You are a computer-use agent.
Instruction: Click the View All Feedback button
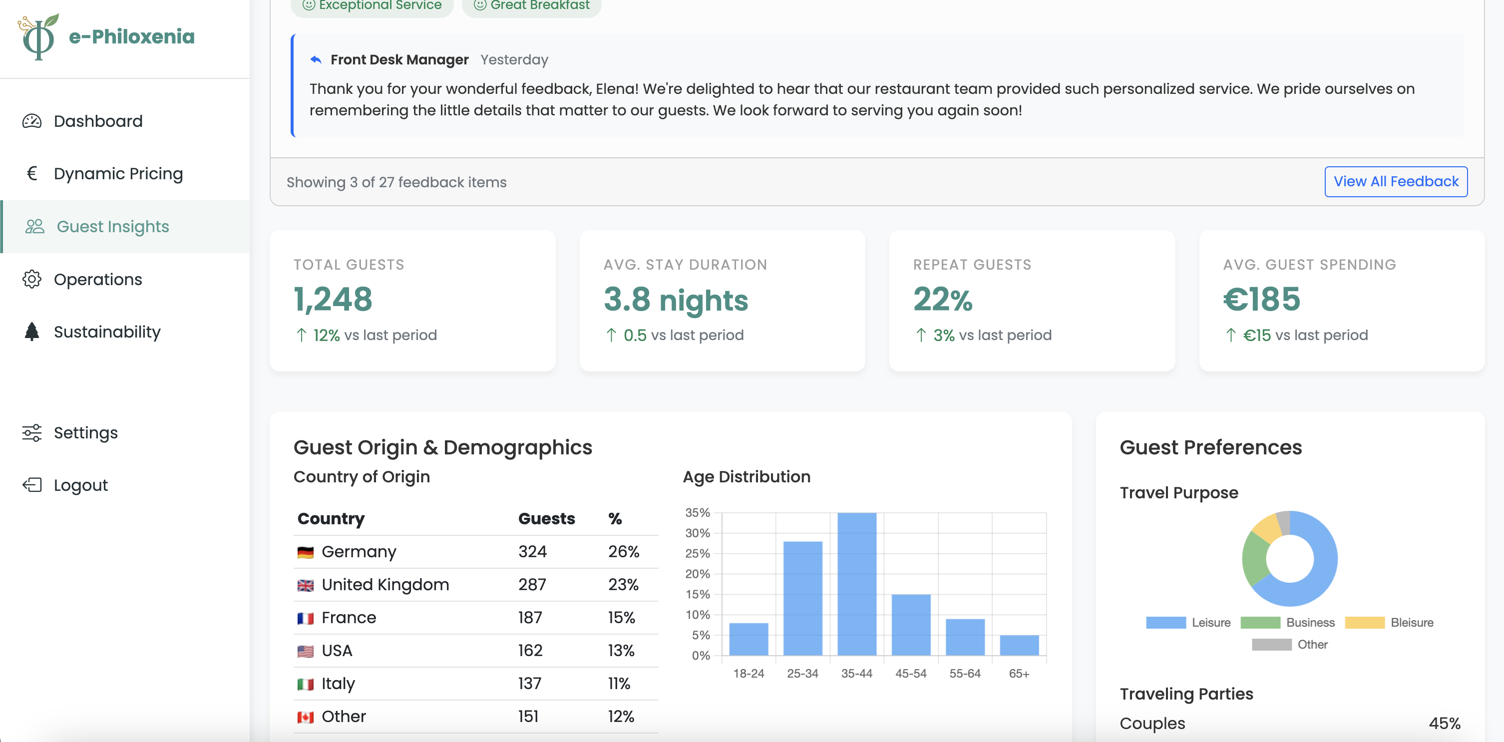pos(1396,182)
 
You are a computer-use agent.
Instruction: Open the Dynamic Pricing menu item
pos(118,173)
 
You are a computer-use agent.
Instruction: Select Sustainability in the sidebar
pos(107,332)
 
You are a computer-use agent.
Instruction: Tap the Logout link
pos(80,485)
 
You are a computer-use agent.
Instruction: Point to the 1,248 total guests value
pos(333,299)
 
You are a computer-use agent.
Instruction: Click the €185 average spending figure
pos(1261,299)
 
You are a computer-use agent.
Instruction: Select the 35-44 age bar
pos(856,584)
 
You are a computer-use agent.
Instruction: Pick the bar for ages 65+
pos(1019,645)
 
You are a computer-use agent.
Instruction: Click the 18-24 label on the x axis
pos(749,673)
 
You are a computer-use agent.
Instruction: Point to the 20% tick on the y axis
pos(697,574)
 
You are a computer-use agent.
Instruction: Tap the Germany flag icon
pos(306,552)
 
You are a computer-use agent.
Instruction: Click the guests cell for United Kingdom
pos(532,584)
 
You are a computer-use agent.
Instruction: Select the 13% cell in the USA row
pos(621,650)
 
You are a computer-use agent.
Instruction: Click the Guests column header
pos(546,518)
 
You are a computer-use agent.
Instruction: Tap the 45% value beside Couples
pos(1444,724)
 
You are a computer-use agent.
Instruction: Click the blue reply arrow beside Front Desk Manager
pos(316,59)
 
